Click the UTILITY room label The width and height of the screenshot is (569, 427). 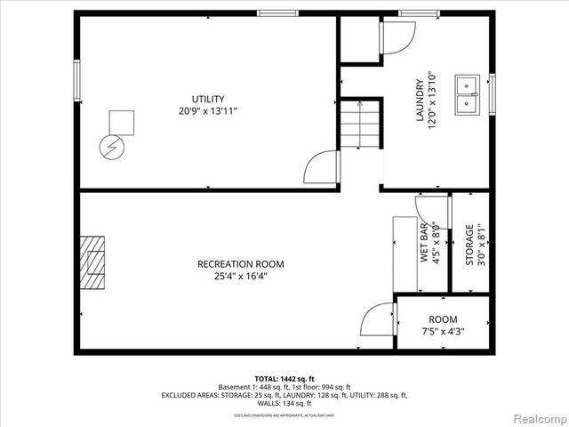pyautogui.click(x=208, y=99)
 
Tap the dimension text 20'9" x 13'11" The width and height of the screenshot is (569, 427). pyautogui.click(x=208, y=111)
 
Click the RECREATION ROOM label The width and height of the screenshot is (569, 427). pyautogui.click(x=240, y=264)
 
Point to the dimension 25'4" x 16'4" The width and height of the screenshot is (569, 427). pyautogui.click(x=240, y=277)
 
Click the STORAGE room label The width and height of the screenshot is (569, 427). pyautogui.click(x=469, y=244)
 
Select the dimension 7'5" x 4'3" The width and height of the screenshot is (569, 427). pyautogui.click(x=443, y=332)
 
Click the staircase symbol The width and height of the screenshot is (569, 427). pyautogui.click(x=359, y=125)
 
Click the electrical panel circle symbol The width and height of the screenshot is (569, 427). pyautogui.click(x=113, y=147)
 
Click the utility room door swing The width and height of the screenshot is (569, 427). pyautogui.click(x=321, y=169)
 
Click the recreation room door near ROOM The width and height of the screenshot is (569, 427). pyautogui.click(x=379, y=319)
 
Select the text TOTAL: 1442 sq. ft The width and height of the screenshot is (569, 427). pyautogui.click(x=284, y=378)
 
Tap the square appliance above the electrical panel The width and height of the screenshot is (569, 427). pyautogui.click(x=122, y=122)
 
